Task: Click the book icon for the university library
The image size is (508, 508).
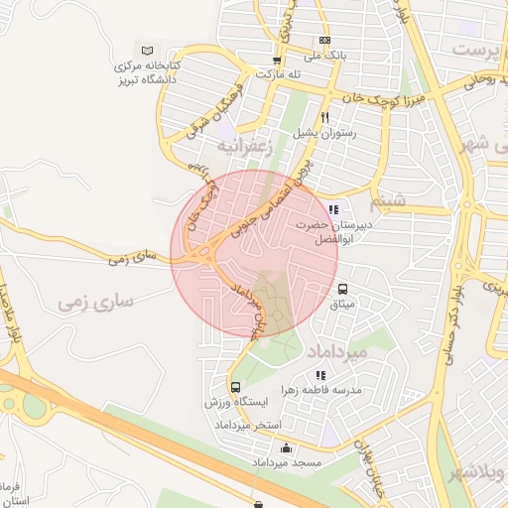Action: [x=148, y=50]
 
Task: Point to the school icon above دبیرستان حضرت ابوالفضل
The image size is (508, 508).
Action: [x=333, y=210]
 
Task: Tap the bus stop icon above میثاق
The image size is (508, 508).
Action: [x=343, y=289]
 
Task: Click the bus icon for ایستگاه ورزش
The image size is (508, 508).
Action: [x=235, y=388]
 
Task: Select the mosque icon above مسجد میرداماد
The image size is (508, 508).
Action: [x=287, y=448]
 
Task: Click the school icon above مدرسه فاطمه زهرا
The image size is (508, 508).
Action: [x=319, y=375]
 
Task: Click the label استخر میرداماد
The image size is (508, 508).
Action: [x=242, y=425]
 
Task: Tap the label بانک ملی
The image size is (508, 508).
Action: [x=326, y=57]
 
